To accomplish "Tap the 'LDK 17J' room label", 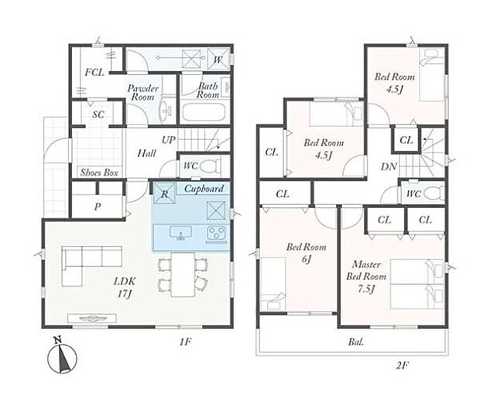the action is pos(125,288).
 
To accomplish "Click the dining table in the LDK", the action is pos(183,275).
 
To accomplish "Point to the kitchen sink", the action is pos(181,233).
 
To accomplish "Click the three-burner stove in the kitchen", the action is pos(217,234).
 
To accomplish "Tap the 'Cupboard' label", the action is pos(204,189).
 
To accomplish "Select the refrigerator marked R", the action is pos(164,193).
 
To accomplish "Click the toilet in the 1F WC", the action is pos(211,166).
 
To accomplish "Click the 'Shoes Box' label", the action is pos(99,172).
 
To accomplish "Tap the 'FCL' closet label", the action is pos(94,73).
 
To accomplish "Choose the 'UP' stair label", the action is pos(169,140).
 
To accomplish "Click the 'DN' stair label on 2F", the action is pos(389,166).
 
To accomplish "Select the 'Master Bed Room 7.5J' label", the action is pos(366,276).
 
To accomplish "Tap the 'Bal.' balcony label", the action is pos(355,342).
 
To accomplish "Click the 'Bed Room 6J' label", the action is pos(307,253).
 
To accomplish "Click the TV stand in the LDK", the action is pos(92,319).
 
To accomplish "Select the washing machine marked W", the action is pos(218,59).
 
